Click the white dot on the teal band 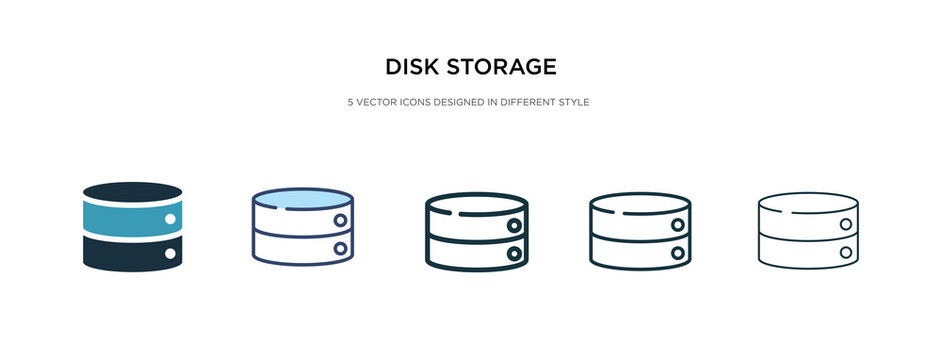point(170,218)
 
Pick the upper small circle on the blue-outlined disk point(341,219)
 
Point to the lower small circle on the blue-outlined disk point(341,247)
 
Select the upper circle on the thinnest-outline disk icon point(847,222)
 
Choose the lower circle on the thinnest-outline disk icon point(847,249)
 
